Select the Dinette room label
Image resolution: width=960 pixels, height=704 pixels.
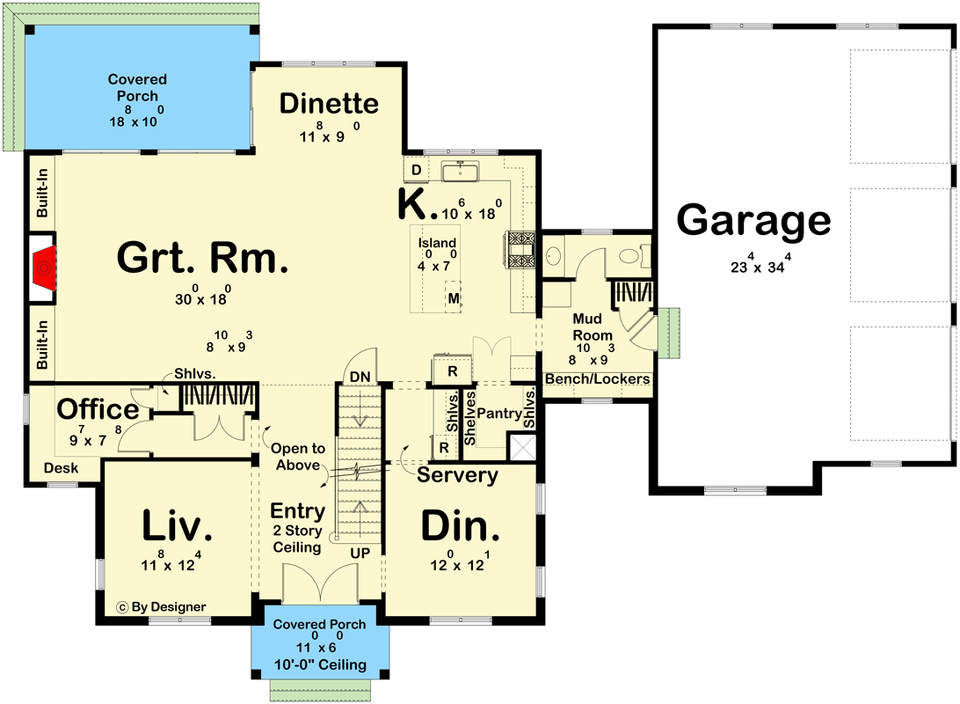329,104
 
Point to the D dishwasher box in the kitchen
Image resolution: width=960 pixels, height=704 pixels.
416,169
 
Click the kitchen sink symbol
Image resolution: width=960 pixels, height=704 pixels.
460,170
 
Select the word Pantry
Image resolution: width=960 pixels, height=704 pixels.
499,412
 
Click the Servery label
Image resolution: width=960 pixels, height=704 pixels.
457,475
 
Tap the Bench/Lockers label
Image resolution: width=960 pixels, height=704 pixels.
598,379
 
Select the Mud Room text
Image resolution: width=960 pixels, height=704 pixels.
593,326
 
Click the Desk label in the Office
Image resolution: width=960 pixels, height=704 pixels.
60,468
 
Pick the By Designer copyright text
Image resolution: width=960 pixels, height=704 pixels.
162,606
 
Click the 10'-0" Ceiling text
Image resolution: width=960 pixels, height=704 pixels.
319,664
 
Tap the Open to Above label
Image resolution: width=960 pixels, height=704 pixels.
298,457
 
